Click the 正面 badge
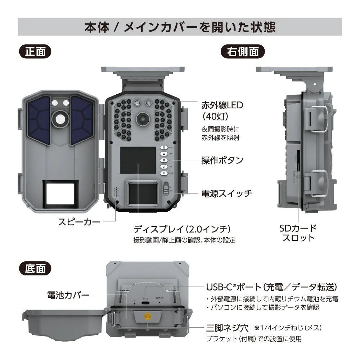click(35, 51)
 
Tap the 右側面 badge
click(242, 51)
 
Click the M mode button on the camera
click(164, 173)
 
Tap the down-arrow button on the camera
click(164, 160)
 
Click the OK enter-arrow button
click(164, 167)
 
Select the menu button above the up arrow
click(164, 148)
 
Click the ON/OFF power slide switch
click(166, 188)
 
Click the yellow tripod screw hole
click(147, 316)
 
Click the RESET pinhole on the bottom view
click(159, 303)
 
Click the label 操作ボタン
click(222, 160)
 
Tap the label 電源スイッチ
click(226, 193)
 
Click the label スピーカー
click(79, 222)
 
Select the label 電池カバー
click(68, 295)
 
